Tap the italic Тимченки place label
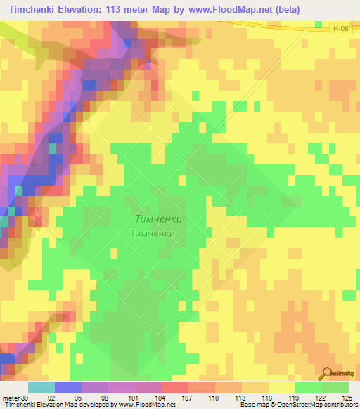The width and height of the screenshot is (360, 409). [x=157, y=219]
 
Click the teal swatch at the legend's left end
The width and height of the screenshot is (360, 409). [x=41, y=387]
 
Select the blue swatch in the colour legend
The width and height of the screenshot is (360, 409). [x=68, y=387]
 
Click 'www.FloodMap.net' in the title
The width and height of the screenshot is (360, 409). [x=230, y=10]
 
